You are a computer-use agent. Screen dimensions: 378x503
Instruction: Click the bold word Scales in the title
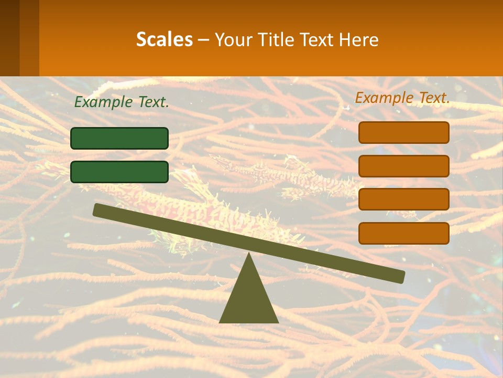pyautogui.click(x=164, y=39)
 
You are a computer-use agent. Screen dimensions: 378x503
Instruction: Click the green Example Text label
pyautogui.click(x=122, y=102)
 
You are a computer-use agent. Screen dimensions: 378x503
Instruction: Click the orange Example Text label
pyautogui.click(x=402, y=98)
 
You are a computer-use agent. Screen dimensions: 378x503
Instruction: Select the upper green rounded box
pyautogui.click(x=119, y=138)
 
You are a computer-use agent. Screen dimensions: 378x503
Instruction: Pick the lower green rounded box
pyautogui.click(x=119, y=172)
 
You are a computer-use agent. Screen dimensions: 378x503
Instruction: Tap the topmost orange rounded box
pyautogui.click(x=404, y=132)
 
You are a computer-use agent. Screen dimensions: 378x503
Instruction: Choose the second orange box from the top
pyautogui.click(x=404, y=166)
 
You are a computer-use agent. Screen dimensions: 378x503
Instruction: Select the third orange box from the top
pyautogui.click(x=404, y=199)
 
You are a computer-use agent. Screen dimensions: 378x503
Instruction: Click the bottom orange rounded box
pyautogui.click(x=404, y=233)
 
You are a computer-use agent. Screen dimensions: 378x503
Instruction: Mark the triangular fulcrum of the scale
pyautogui.click(x=248, y=299)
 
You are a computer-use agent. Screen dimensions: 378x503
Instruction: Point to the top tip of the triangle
pyautogui.click(x=248, y=254)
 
